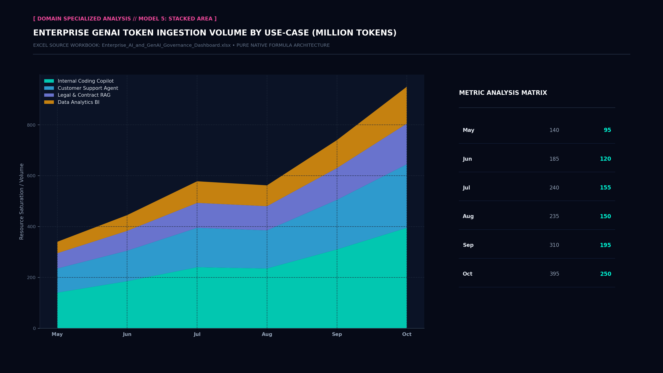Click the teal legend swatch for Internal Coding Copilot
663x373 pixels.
[x=49, y=81]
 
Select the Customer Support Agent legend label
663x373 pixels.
[x=88, y=88]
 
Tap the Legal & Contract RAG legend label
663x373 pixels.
[x=84, y=95]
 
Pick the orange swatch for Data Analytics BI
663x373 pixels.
[x=49, y=102]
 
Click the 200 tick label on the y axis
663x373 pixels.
[x=31, y=277]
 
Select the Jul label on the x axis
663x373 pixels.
[x=197, y=334]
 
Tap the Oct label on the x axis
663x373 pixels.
[x=407, y=334]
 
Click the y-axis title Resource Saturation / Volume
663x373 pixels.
[x=22, y=201]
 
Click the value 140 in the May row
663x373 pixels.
[x=554, y=130]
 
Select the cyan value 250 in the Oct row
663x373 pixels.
[x=606, y=274]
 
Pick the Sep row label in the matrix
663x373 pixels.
[x=468, y=245]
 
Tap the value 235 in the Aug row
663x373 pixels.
[x=554, y=216]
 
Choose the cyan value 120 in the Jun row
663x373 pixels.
[x=605, y=159]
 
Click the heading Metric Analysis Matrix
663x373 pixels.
[x=503, y=93]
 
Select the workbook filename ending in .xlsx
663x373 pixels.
[x=166, y=45]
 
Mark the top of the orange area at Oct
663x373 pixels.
[x=407, y=87]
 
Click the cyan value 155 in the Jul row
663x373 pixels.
[x=605, y=188]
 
